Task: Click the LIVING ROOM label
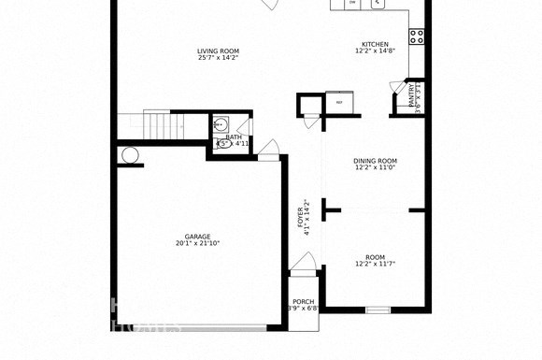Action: pyautogui.click(x=218, y=50)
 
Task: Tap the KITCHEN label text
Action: pyautogui.click(x=375, y=44)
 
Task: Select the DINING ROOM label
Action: pyautogui.click(x=375, y=160)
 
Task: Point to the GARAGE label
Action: pyautogui.click(x=197, y=237)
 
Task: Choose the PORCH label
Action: pyautogui.click(x=302, y=300)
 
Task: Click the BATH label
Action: pyautogui.click(x=233, y=137)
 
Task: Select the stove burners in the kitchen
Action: pyautogui.click(x=417, y=36)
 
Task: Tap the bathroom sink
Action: pyautogui.click(x=224, y=143)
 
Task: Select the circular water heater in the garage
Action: pyautogui.click(x=130, y=155)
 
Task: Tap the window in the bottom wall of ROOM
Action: pyautogui.click(x=377, y=310)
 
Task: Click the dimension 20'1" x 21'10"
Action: pyautogui.click(x=197, y=244)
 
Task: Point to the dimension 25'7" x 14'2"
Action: pyautogui.click(x=218, y=58)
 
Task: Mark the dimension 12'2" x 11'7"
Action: pyautogui.click(x=375, y=265)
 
